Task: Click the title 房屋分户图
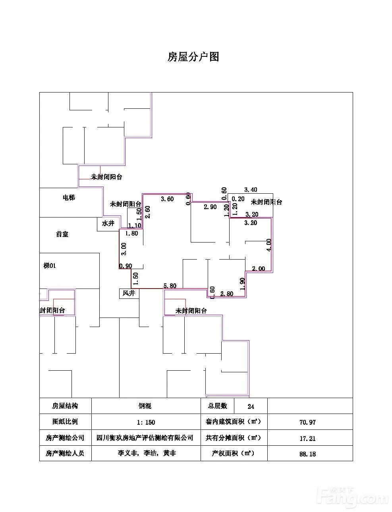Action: (x=193, y=57)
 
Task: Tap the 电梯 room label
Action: (x=69, y=197)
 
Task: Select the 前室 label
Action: (x=62, y=234)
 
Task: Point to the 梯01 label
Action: (x=50, y=266)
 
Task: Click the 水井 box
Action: (x=108, y=223)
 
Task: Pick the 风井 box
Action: (x=129, y=293)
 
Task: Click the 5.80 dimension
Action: (x=170, y=286)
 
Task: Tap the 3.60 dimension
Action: (x=167, y=199)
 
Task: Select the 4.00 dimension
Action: (x=269, y=245)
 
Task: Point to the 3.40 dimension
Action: (x=250, y=190)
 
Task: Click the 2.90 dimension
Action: (x=210, y=207)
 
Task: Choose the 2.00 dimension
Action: (x=259, y=269)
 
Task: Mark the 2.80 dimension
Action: (x=227, y=294)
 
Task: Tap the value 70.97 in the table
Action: (x=307, y=422)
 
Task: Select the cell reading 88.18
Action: (x=307, y=454)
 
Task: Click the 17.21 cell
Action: (x=307, y=438)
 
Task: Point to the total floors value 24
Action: (x=251, y=406)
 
